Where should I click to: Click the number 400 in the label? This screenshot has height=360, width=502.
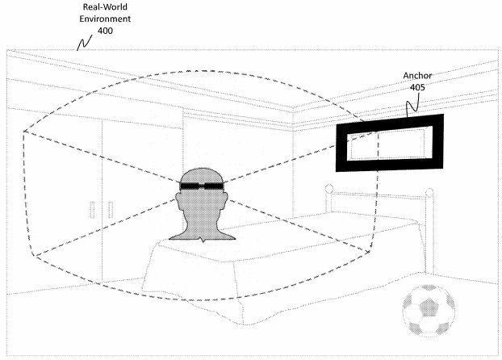[105, 31]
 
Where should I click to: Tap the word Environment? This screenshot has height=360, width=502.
[105, 19]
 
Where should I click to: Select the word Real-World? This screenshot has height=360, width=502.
[105, 7]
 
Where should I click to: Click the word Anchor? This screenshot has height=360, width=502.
[417, 76]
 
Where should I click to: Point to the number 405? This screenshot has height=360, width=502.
[417, 87]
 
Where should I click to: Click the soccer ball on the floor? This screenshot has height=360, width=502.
[429, 310]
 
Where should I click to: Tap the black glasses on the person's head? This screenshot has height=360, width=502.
[202, 186]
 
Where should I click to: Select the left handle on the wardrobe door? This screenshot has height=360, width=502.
[92, 210]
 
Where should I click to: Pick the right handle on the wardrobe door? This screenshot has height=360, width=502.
[111, 210]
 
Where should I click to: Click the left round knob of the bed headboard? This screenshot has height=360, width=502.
[328, 188]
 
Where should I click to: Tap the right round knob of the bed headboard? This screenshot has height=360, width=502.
[429, 192]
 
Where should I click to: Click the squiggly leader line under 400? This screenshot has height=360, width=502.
[85, 43]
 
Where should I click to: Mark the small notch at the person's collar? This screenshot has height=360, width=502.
[203, 240]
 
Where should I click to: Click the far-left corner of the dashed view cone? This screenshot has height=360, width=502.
[23, 131]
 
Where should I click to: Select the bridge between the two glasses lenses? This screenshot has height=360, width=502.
[202, 186]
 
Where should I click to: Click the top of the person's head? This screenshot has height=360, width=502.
[202, 168]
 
